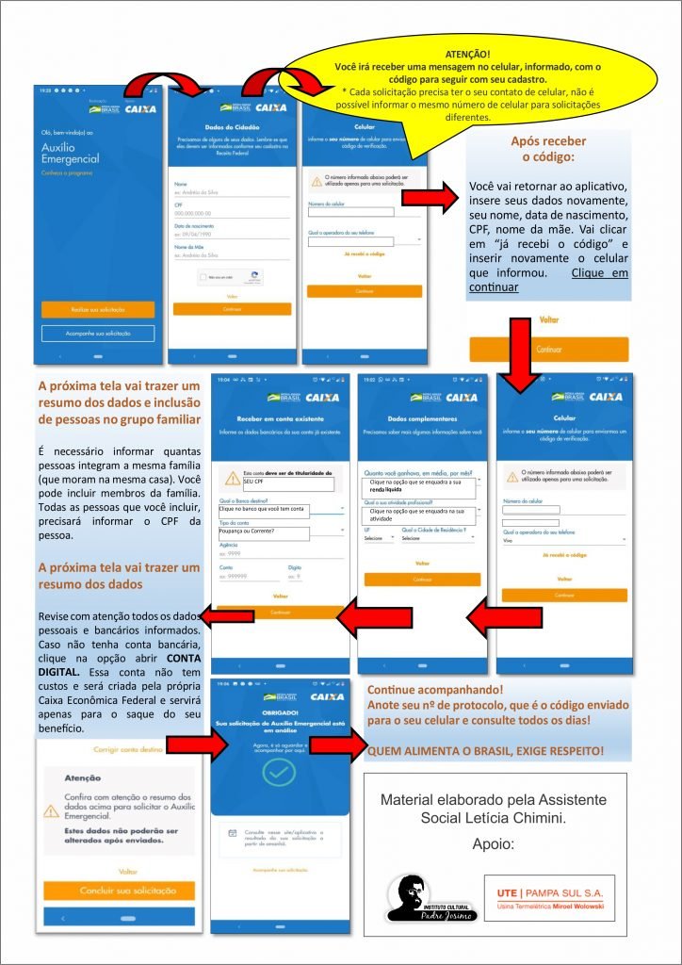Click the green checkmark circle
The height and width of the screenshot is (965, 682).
click(x=278, y=774)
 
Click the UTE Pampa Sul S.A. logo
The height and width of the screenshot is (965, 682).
click(x=550, y=898)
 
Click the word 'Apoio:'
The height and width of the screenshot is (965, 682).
click(x=494, y=844)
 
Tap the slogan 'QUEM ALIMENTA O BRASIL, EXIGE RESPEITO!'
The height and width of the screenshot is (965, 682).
click(x=485, y=751)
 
